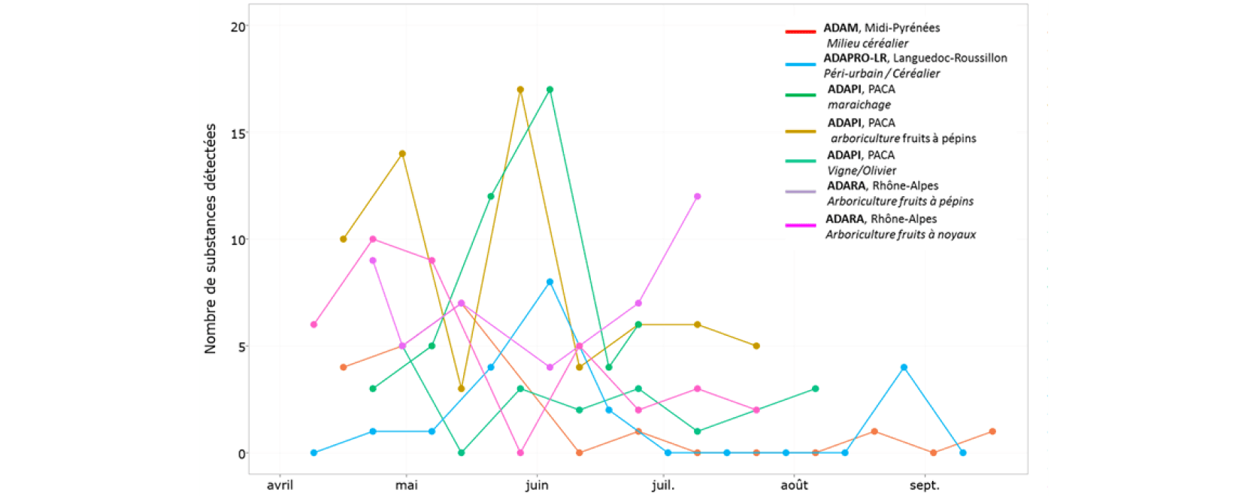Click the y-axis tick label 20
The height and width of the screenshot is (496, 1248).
coord(238,27)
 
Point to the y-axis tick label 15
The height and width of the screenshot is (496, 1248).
coord(238,133)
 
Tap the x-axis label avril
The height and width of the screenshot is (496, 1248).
coord(280,485)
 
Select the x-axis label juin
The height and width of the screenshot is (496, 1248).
coord(537,485)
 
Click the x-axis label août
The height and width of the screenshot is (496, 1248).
coord(794,485)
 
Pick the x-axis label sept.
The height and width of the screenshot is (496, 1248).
coord(924,485)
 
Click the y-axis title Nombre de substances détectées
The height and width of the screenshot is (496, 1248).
coord(210,239)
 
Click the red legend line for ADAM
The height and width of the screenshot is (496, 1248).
coord(801,32)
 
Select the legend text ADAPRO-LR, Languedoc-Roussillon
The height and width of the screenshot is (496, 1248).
coord(916,58)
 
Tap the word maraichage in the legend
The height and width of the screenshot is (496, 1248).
coord(859,104)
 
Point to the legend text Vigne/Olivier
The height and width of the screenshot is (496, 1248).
coord(862,171)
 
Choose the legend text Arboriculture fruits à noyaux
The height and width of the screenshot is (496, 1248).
coord(901,234)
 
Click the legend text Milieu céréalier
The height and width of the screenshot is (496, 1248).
coord(868,44)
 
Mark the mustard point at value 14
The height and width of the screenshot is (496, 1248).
coord(402,153)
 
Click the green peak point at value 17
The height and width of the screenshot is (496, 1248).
coord(550,89)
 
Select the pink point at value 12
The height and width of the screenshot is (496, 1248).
coord(698,196)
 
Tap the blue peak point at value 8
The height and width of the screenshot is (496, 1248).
coord(550,283)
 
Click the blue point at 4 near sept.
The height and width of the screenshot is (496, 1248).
coord(904,367)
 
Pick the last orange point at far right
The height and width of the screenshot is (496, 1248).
coord(993,431)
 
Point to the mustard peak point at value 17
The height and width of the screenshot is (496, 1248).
coord(520,89)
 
